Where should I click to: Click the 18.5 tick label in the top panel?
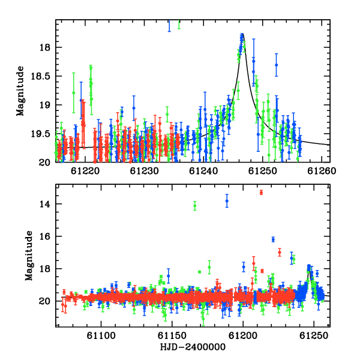(x=40, y=76)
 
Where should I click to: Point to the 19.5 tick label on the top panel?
(x=40, y=134)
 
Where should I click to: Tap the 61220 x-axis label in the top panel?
(x=85, y=171)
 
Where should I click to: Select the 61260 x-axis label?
(x=322, y=171)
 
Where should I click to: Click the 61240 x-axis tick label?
(x=203, y=171)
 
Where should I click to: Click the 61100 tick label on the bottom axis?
(x=101, y=336)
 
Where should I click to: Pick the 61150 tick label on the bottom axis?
(x=172, y=336)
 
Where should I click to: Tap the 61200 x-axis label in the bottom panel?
(x=243, y=336)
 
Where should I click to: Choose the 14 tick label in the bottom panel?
(x=44, y=204)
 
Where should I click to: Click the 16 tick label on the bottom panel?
(x=44, y=236)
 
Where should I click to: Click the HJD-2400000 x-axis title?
(x=193, y=347)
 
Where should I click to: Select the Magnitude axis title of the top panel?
(x=20, y=91)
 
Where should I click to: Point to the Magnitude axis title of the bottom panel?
(x=29, y=256)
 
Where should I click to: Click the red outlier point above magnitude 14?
(x=261, y=193)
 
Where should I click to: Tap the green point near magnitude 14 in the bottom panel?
(x=195, y=206)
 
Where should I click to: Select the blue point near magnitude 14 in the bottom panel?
(x=227, y=201)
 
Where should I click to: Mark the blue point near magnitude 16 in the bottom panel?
(x=273, y=239)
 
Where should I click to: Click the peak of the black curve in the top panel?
(x=242, y=34)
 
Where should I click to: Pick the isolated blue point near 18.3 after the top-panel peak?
(x=277, y=65)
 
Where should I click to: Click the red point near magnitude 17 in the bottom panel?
(x=280, y=253)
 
